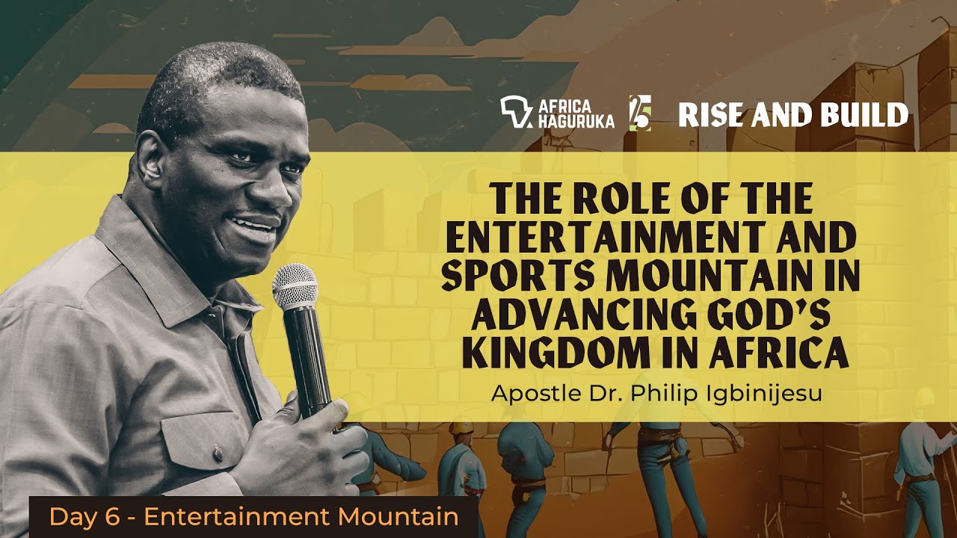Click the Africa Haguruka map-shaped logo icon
tap(516, 112)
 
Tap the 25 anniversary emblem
tap(640, 113)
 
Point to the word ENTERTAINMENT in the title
tap(606, 238)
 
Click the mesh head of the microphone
tap(295, 285)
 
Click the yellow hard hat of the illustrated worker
tap(461, 427)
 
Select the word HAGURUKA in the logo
tap(576, 121)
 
